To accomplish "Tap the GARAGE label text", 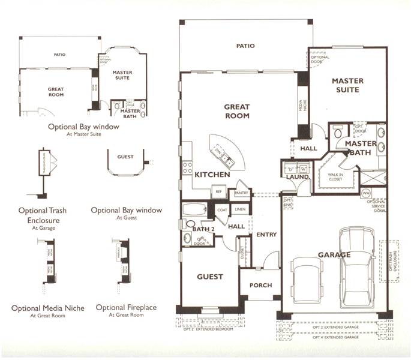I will point(334,255).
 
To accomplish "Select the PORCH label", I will point(260,286).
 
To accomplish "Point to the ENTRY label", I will point(266,235).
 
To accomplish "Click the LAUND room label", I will point(298,177).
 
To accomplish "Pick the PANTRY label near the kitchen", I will point(241,193).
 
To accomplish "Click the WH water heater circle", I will point(367,193).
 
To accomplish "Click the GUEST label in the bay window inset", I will point(125,157).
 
